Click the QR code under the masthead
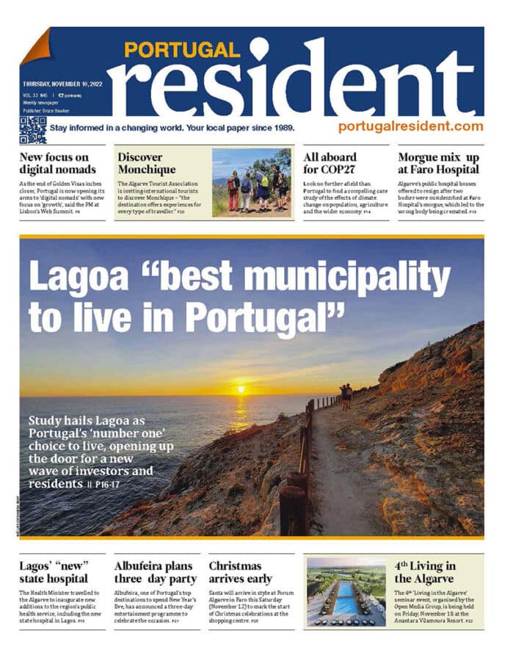click(32, 129)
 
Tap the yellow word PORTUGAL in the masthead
click(181, 50)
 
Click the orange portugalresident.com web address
click(410, 126)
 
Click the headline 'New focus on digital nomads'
click(54, 163)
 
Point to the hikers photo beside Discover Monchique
click(251, 182)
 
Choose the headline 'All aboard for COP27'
click(330, 163)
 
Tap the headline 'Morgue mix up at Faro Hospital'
click(439, 163)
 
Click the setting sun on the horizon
click(241, 389)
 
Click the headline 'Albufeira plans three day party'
click(154, 572)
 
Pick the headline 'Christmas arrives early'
click(240, 572)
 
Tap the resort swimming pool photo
click(345, 593)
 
